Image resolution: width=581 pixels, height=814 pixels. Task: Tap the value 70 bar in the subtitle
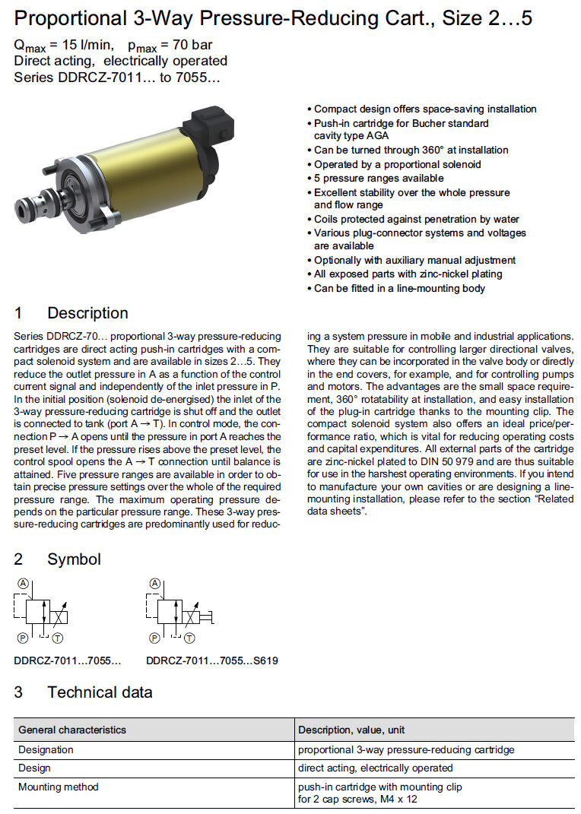click(188, 46)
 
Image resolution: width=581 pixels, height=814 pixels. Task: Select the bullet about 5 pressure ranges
click(378, 178)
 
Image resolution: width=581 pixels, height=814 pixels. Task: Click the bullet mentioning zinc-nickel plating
click(408, 274)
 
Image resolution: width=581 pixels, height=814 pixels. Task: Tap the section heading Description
click(87, 313)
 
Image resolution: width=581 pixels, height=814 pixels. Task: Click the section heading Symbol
click(74, 559)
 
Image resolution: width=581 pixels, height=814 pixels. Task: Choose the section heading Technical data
click(100, 692)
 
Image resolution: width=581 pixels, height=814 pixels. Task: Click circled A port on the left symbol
click(24, 584)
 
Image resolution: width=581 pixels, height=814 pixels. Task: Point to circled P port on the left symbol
click(24, 639)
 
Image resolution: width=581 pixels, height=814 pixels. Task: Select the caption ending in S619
click(211, 660)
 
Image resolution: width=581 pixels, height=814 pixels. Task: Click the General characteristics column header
click(72, 730)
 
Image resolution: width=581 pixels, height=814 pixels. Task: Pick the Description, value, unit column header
click(351, 730)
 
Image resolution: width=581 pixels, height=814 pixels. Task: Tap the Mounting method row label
click(58, 787)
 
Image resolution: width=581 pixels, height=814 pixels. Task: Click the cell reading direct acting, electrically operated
click(375, 768)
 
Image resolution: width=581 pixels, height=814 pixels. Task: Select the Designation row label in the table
click(46, 749)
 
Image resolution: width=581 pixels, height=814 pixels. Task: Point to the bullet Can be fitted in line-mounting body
click(398, 288)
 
